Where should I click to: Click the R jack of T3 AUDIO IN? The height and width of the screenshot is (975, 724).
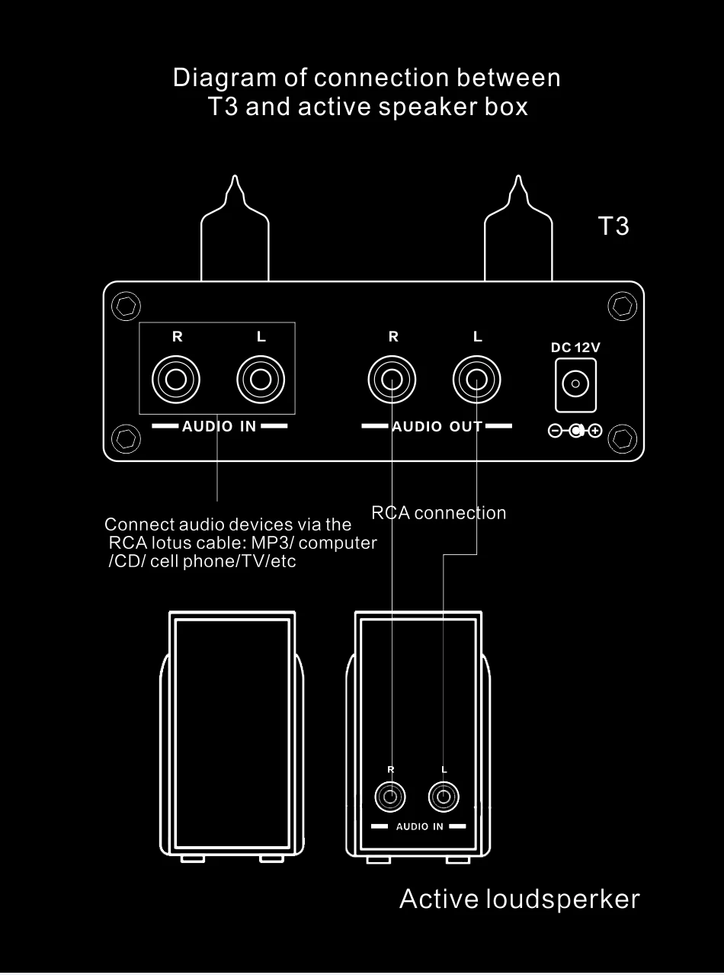(176, 378)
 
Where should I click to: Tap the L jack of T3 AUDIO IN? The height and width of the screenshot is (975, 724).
(261, 378)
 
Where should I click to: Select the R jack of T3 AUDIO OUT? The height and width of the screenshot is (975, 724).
(392, 378)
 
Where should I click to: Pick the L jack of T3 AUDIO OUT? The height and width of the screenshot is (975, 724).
(477, 378)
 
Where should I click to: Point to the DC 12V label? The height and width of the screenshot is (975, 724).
(575, 348)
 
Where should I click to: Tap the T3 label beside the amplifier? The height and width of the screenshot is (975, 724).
(613, 226)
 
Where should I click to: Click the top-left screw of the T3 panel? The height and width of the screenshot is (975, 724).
(125, 306)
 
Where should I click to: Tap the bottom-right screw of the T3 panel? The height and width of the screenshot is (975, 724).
(623, 439)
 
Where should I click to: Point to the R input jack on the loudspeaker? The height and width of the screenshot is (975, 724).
(391, 798)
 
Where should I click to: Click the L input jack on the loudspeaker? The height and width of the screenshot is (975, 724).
(444, 798)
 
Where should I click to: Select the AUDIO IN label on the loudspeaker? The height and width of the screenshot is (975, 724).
(419, 827)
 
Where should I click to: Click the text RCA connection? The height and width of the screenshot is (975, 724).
(438, 513)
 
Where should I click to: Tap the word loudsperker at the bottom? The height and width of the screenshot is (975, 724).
(563, 900)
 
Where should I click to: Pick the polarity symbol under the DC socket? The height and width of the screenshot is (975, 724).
(575, 431)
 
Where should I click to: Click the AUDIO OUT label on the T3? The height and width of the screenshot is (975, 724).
(437, 426)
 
